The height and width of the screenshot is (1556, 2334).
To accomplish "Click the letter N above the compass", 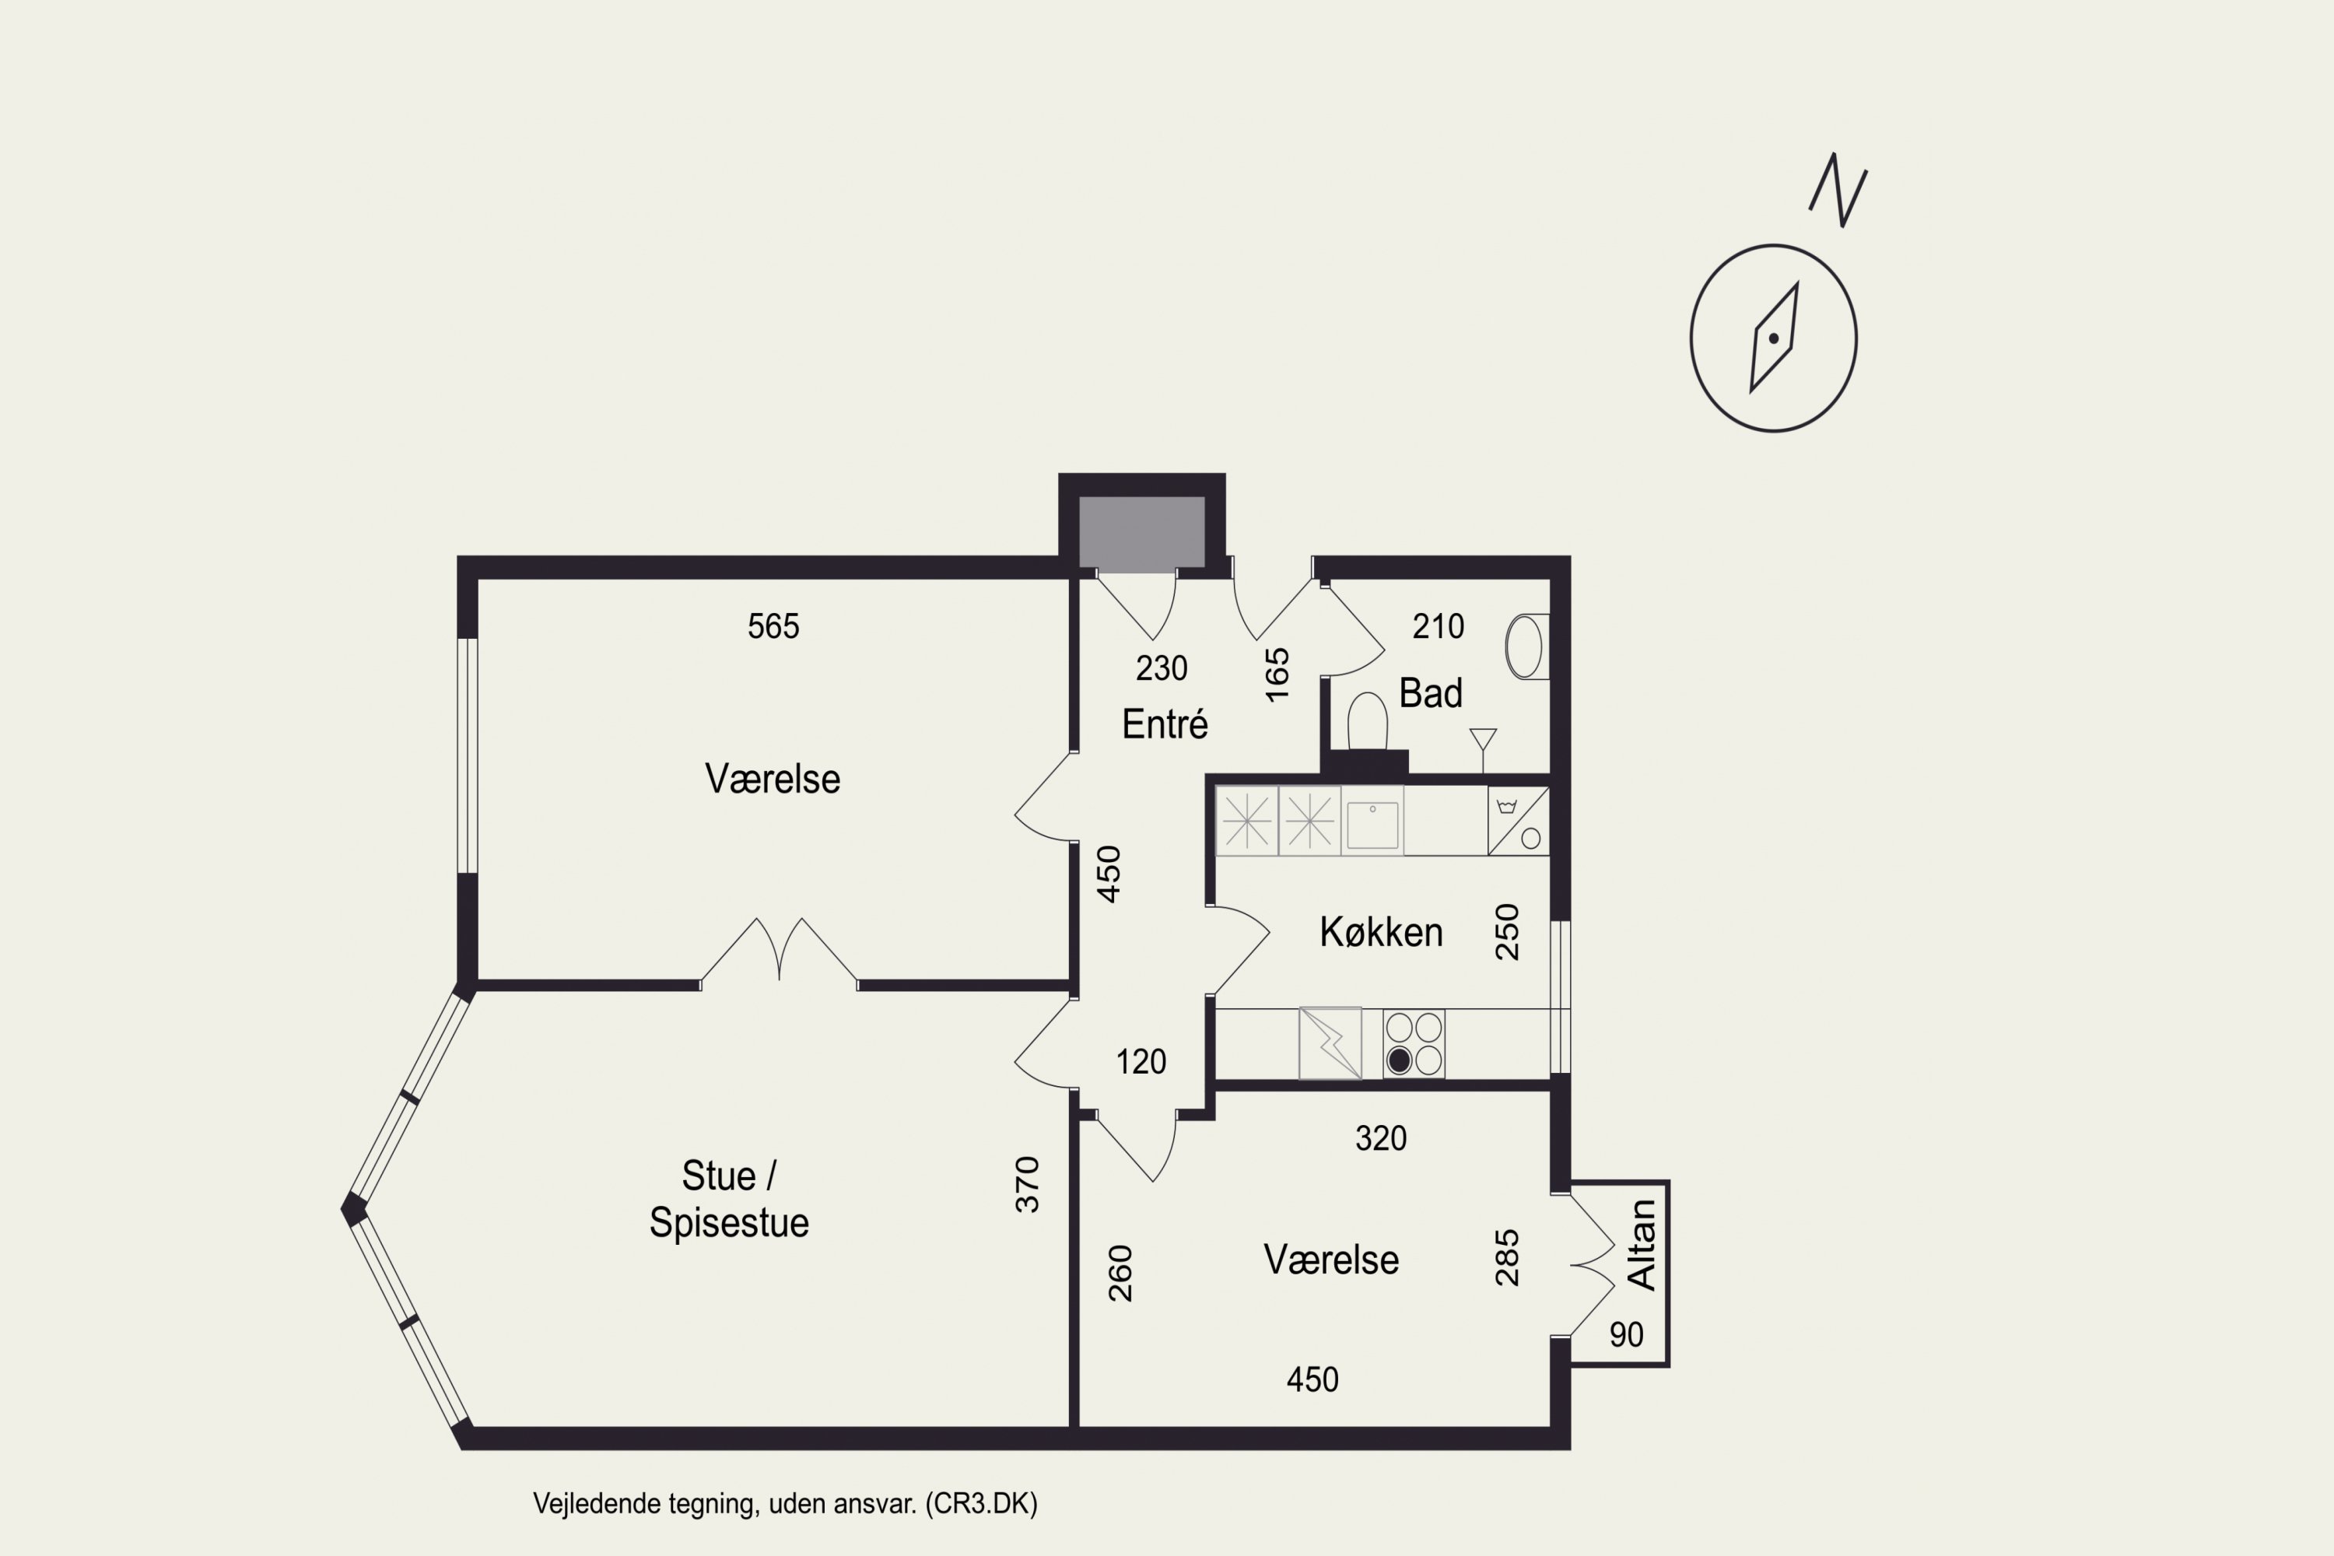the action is [x=1838, y=190].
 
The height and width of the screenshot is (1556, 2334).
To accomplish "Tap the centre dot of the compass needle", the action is [x=1773, y=338].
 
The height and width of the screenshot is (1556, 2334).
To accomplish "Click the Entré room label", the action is [x=1165, y=724].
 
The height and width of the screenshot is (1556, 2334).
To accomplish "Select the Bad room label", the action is [x=1431, y=692].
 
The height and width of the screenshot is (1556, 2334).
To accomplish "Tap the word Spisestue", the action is [x=730, y=1222].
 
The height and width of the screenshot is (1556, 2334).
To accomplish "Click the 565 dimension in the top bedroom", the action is [x=773, y=626].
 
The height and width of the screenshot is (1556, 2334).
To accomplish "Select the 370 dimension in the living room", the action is [x=1027, y=1184].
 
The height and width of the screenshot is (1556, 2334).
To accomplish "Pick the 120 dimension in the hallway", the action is [x=1141, y=1062].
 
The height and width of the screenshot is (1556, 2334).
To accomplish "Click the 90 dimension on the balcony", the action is [x=1627, y=1335].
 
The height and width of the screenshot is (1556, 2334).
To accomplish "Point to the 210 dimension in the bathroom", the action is [x=1438, y=626].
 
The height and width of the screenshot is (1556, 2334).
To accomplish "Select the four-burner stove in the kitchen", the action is [x=1414, y=1043].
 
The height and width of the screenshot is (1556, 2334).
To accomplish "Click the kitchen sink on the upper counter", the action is [x=1372, y=822].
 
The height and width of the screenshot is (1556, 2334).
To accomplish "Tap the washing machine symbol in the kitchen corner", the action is [x=1519, y=821].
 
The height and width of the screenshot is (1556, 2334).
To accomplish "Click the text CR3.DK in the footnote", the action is [x=980, y=1503].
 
